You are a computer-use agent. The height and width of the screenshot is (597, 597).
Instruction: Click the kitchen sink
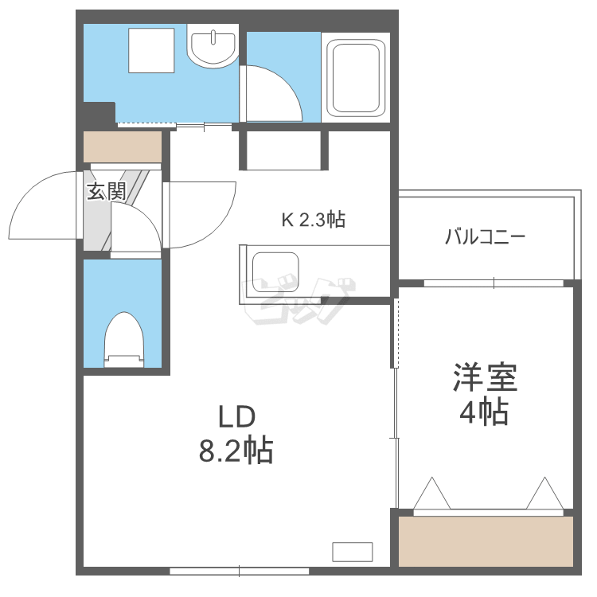click(275, 272)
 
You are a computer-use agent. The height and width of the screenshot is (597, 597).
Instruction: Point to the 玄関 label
click(106, 191)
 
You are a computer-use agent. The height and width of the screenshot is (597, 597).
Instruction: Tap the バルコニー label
click(485, 236)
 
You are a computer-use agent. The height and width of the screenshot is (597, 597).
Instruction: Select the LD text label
click(236, 416)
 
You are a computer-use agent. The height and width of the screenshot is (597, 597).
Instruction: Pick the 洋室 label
click(486, 377)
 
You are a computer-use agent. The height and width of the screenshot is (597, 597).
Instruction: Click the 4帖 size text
click(484, 412)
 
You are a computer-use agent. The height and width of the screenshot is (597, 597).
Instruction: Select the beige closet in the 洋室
click(486, 541)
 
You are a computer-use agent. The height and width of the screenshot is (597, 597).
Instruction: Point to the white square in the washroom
click(152, 50)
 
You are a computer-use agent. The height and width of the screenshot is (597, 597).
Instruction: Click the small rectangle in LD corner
click(352, 551)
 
